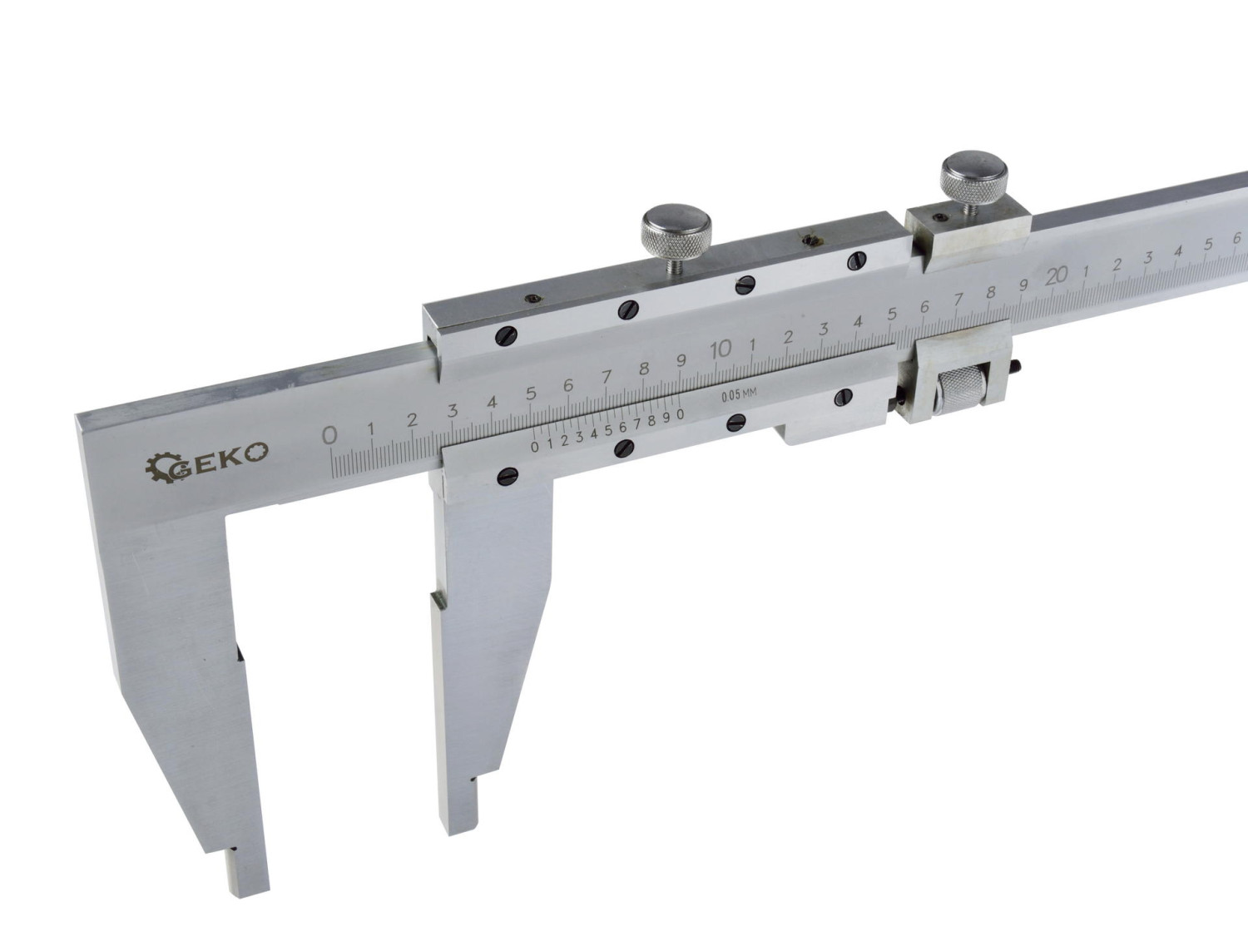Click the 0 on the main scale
[x=329, y=435]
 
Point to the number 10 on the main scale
[x=721, y=350]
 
